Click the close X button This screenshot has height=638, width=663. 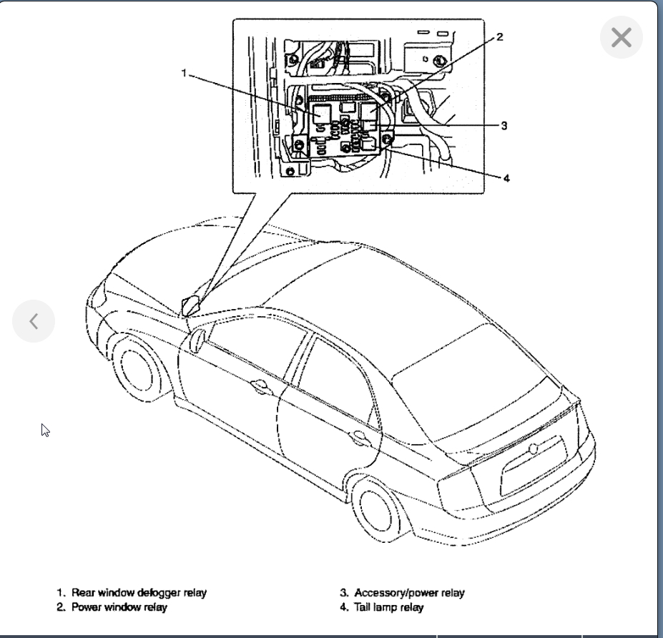[622, 37]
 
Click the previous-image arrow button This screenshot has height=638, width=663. [34, 321]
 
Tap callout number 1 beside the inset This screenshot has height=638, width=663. [185, 73]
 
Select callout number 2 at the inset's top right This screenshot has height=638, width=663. [499, 37]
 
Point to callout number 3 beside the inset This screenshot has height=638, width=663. [504, 125]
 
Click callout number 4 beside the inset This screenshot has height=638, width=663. [506, 178]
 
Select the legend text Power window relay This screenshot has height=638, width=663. [119, 608]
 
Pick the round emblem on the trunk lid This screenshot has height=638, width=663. [533, 449]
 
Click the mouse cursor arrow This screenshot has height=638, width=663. [46, 430]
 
